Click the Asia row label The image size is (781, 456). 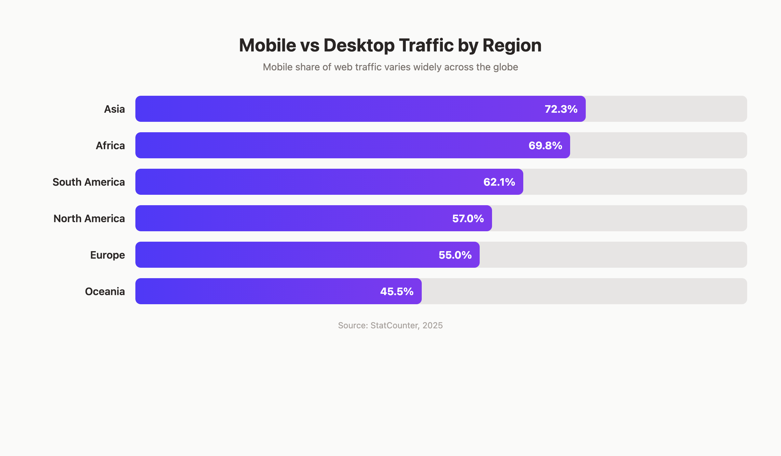tap(114, 109)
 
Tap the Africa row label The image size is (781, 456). tap(110, 146)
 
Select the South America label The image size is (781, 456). tap(89, 182)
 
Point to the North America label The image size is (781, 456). tap(89, 219)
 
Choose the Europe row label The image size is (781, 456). tap(107, 255)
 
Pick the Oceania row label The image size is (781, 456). tap(105, 292)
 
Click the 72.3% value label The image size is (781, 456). tap(561, 109)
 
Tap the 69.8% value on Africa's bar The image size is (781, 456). tap(545, 146)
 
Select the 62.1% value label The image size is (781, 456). tap(499, 182)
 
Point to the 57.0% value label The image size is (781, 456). tap(468, 219)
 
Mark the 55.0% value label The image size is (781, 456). tap(455, 255)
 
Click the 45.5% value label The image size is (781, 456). tap(397, 292)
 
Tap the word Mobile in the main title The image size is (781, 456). tap(267, 45)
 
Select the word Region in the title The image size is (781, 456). tap(512, 45)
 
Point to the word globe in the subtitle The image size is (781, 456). tap(505, 67)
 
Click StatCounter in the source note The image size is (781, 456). tap(394, 325)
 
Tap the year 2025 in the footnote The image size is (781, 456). tap(432, 325)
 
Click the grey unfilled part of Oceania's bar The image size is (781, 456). tap(584, 292)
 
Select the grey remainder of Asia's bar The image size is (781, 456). tap(666, 109)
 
